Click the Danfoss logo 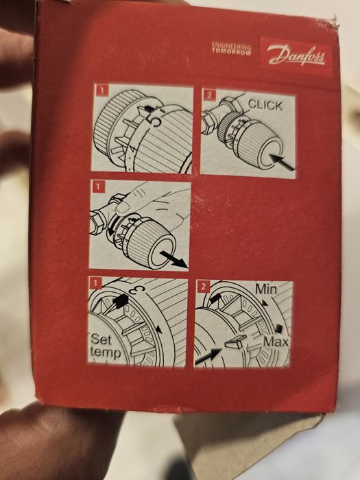296,56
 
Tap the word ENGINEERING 232,46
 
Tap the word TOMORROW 232,51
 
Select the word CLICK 265,105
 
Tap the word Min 265,289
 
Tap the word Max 276,341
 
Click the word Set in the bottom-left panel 101,339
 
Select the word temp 106,352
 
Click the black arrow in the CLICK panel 282,163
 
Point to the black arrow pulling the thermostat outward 173,259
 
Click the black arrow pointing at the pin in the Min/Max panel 208,356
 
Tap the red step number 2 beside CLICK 209,95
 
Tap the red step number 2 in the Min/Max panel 203,287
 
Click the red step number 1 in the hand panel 98,187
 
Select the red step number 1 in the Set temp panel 95,283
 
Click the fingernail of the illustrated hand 123,208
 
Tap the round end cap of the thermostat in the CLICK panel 269,153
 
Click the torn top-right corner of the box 335,22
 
